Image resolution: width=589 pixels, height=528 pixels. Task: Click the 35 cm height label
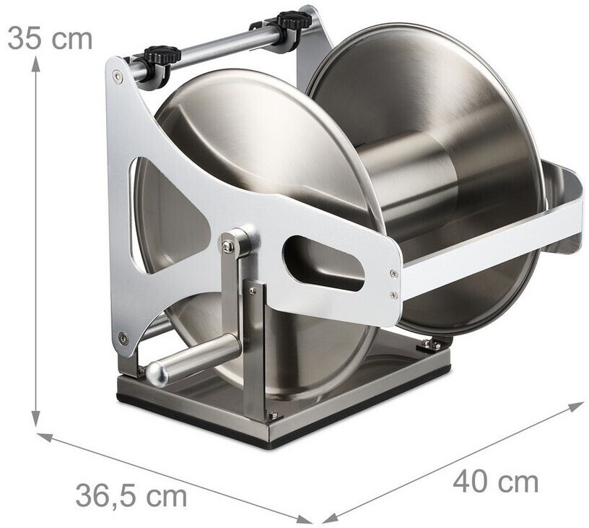click(50, 38)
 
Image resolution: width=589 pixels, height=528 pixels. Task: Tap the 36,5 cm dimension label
click(131, 495)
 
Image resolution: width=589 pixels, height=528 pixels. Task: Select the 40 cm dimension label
click(495, 482)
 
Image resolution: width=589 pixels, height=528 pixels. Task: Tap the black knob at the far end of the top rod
click(295, 20)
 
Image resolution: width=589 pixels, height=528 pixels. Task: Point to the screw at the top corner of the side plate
click(118, 77)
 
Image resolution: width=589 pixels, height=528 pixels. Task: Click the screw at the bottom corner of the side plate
click(123, 337)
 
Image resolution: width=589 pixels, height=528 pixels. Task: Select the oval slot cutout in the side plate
click(323, 263)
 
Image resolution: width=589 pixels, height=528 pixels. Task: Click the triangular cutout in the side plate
click(169, 210)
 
